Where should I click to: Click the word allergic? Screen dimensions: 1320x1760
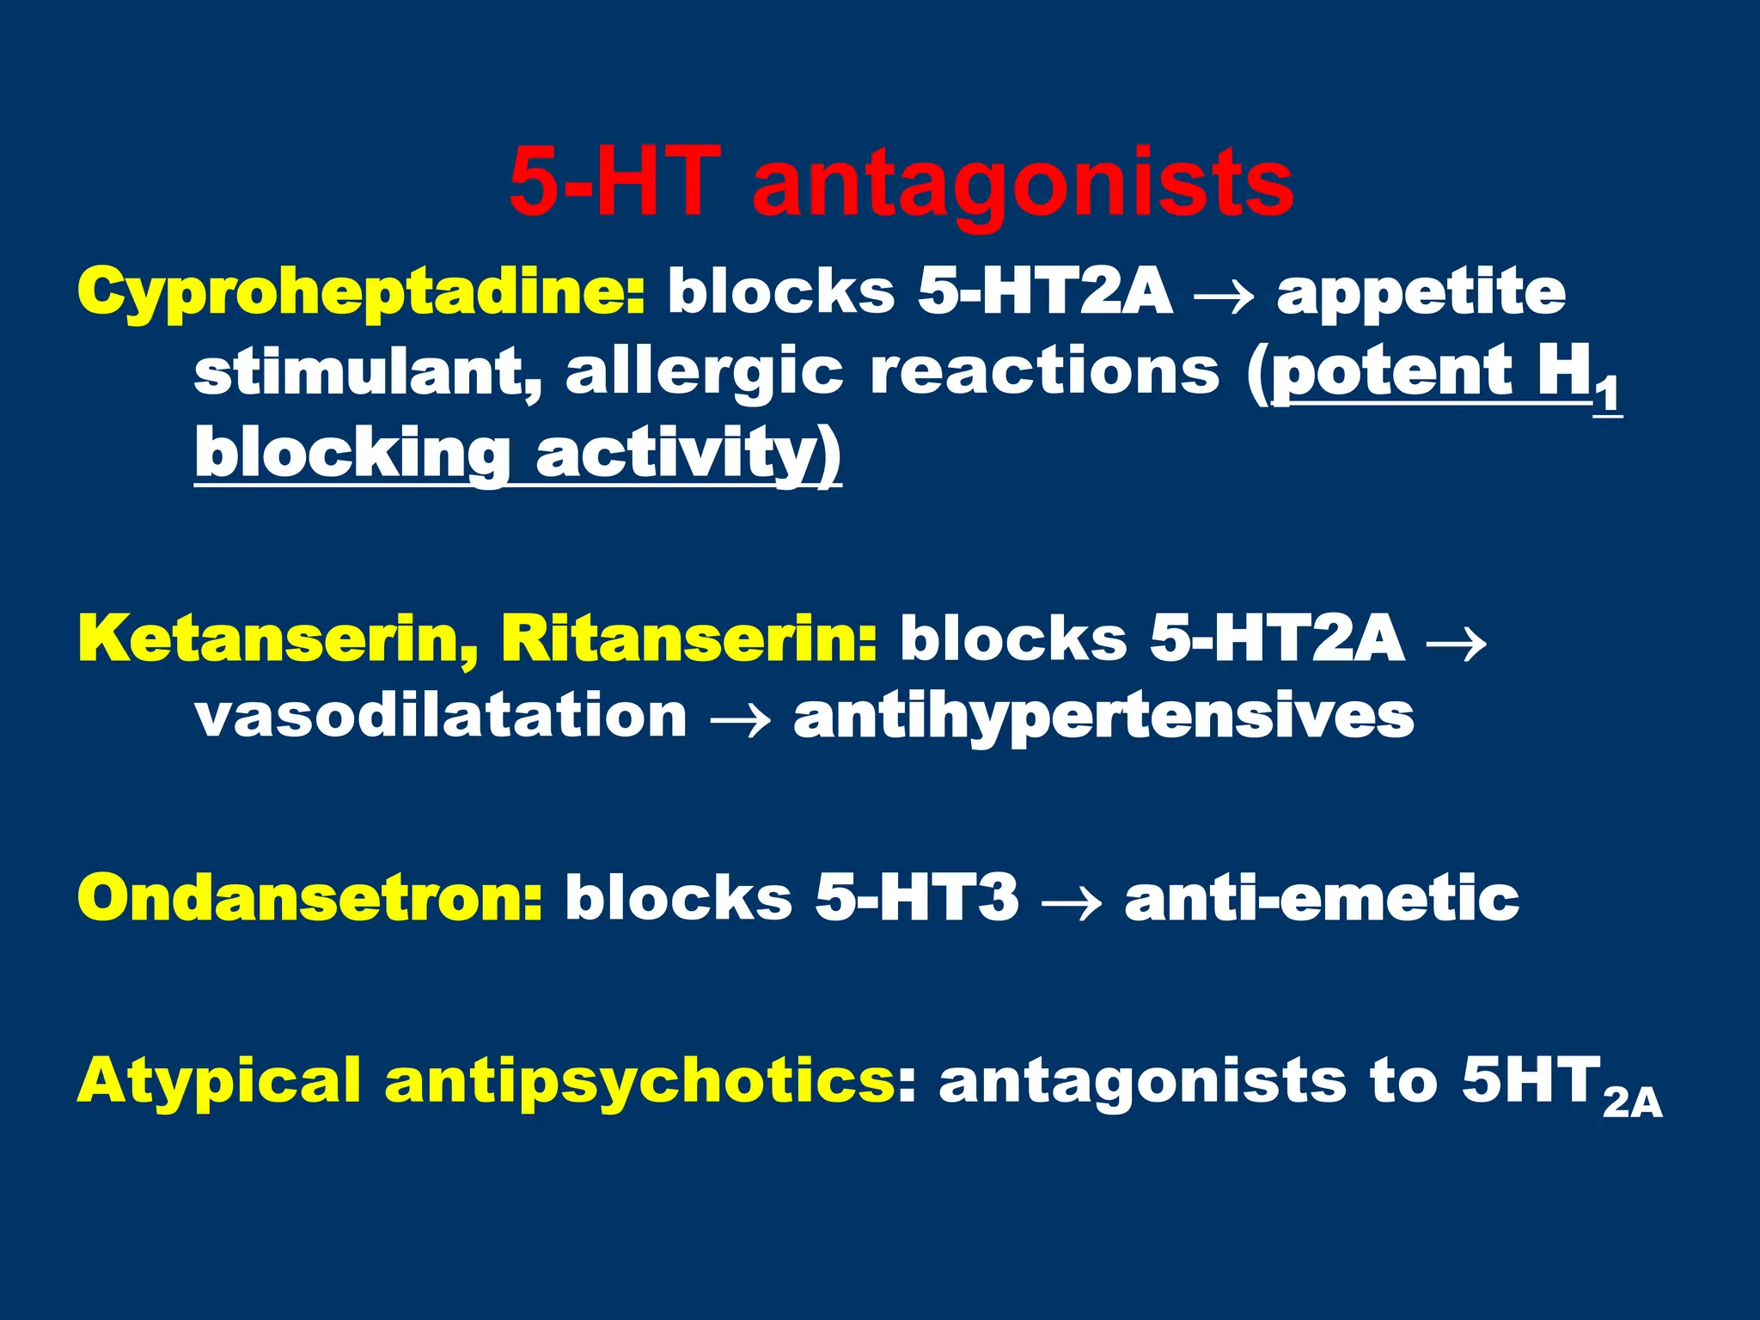(704, 374)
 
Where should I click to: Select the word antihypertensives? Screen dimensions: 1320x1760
(1103, 717)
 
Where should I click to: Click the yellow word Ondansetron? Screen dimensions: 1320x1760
(309, 897)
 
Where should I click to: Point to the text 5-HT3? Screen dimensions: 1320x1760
(917, 897)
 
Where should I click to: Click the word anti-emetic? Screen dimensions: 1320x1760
(1322, 897)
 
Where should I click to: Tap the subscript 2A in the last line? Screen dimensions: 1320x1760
(1632, 1103)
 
